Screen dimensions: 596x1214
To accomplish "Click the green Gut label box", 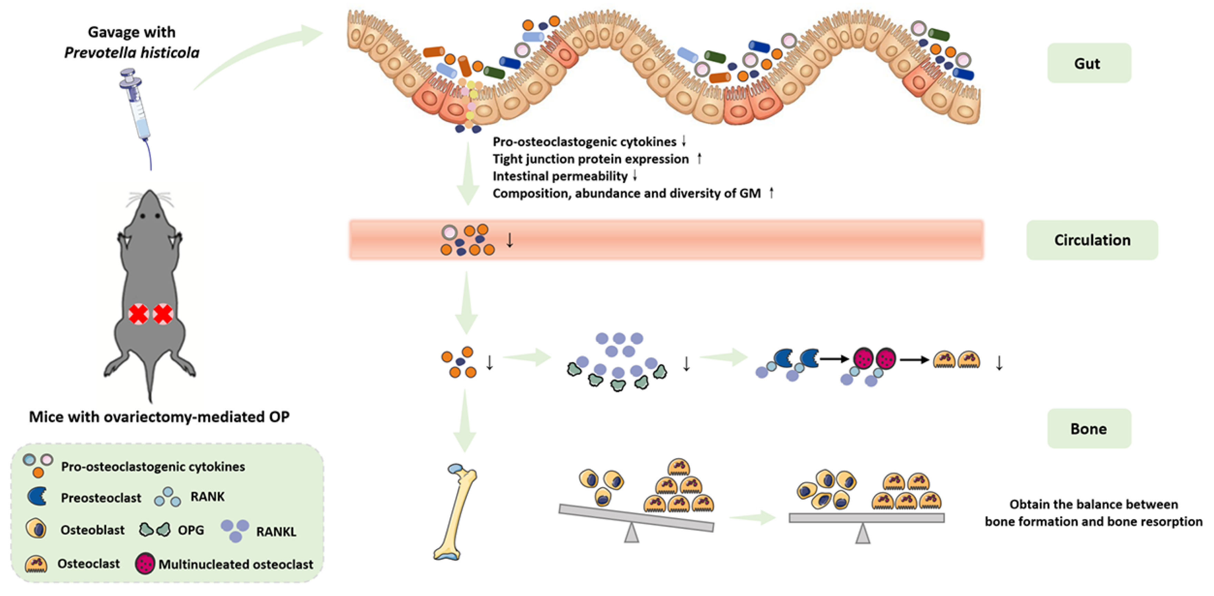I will click(x=1088, y=63).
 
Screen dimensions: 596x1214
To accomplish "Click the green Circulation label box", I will click(x=1092, y=240).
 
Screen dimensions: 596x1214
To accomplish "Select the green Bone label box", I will click(x=1088, y=428).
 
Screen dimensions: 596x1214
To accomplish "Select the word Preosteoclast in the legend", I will click(x=101, y=497).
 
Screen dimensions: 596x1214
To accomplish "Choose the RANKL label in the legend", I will click(x=276, y=532).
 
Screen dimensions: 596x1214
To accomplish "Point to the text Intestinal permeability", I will click(x=560, y=176).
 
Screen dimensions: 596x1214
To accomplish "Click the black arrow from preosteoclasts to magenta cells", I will click(x=835, y=359).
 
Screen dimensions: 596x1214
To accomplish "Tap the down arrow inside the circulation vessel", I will click(x=510, y=240).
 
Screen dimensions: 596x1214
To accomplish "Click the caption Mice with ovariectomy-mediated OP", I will click(x=159, y=416).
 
